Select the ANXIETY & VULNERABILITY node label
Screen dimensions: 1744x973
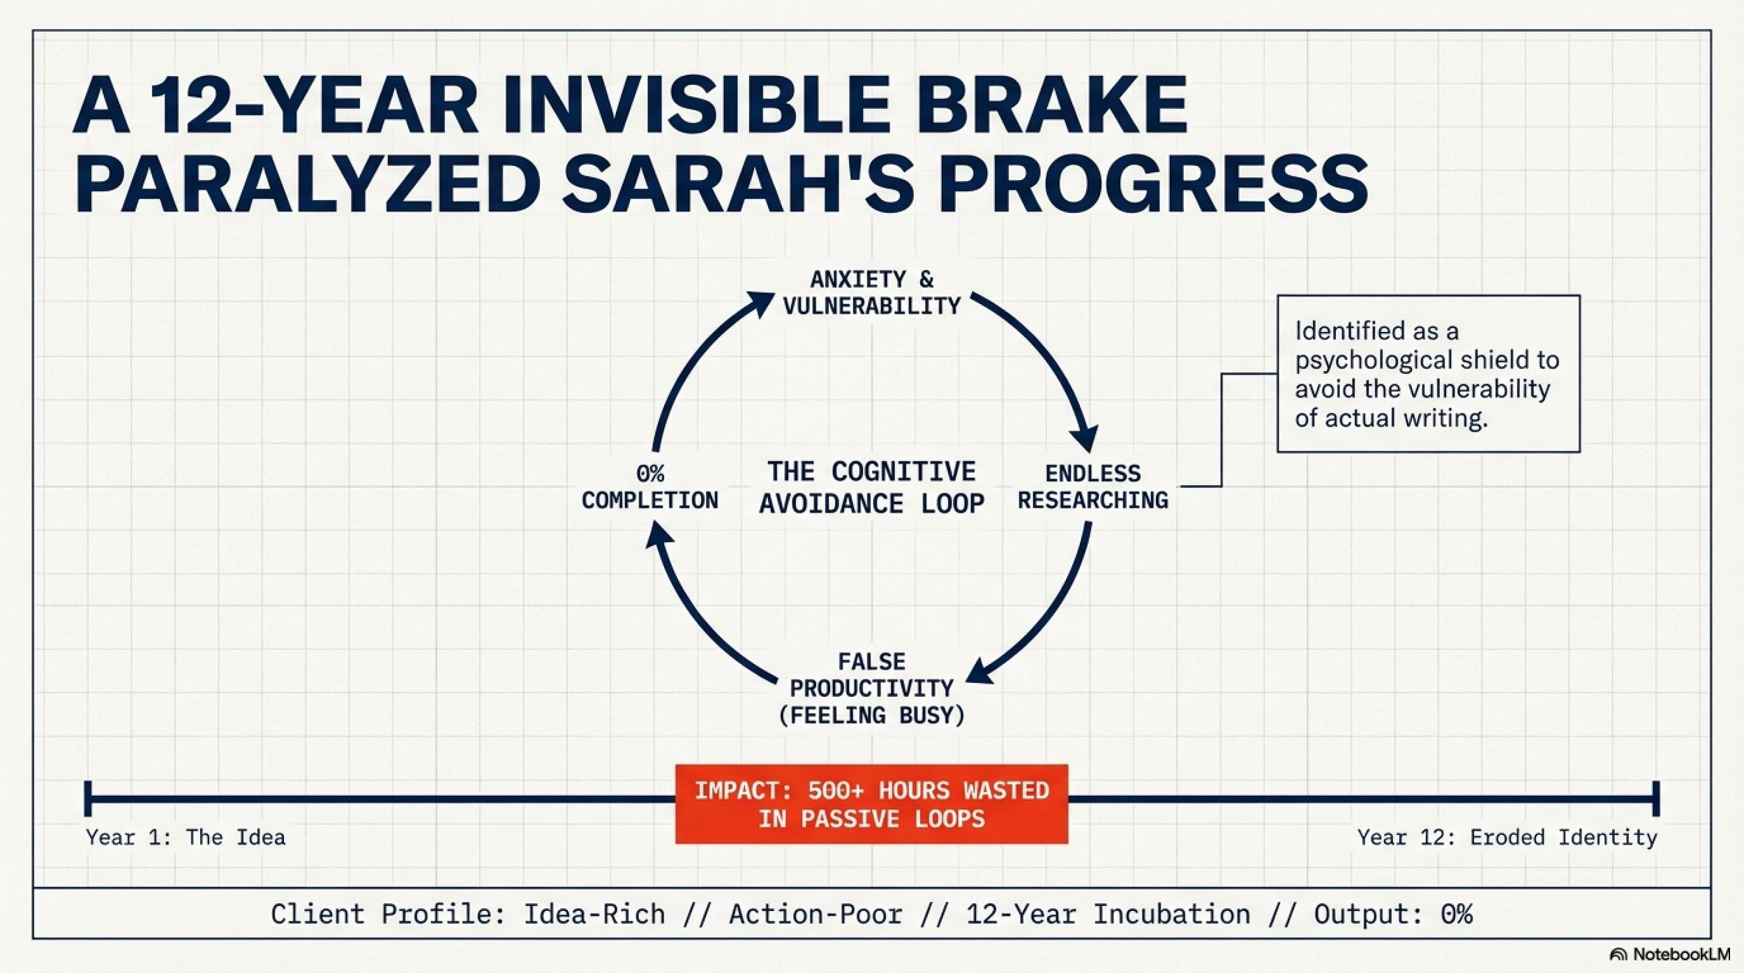[x=872, y=293]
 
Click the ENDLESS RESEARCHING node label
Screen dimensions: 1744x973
[x=1092, y=487]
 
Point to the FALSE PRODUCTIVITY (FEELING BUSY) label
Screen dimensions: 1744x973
[x=872, y=688]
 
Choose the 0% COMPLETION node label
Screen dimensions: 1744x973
[x=649, y=487]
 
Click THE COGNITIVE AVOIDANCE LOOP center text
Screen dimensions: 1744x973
[x=872, y=487]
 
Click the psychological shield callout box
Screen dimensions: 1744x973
[x=1428, y=374]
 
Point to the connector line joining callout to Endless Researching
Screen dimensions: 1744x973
[x=1221, y=430]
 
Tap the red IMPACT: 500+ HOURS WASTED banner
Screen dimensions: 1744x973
[x=871, y=804]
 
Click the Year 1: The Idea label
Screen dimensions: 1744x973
[x=186, y=837]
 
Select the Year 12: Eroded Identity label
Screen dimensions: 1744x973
[x=1507, y=837]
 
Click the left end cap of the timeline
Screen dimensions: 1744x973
[x=88, y=799]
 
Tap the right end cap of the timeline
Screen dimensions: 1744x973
[x=1656, y=799]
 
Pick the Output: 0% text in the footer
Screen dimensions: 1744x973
[x=1393, y=914]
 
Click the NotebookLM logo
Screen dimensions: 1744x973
[x=1670, y=954]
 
